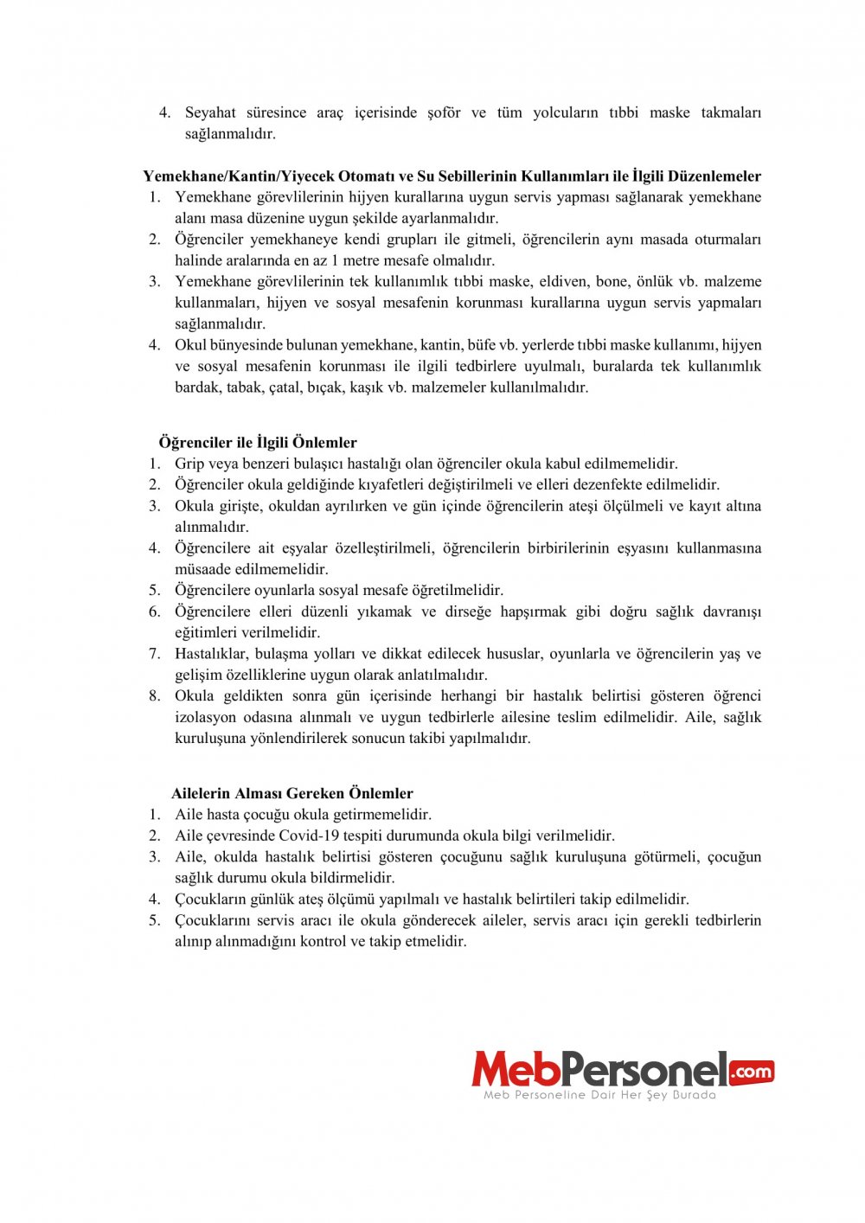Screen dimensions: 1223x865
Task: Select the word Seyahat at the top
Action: click(x=210, y=112)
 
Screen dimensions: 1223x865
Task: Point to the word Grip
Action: click(x=189, y=464)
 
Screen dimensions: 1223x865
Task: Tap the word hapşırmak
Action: click(x=538, y=611)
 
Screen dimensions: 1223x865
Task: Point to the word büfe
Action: click(x=484, y=344)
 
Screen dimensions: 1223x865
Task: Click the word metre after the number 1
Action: click(x=362, y=260)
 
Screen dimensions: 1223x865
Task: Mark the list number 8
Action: click(x=155, y=695)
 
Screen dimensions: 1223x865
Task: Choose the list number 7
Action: click(x=155, y=653)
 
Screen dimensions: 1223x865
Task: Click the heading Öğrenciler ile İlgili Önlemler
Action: click(x=258, y=442)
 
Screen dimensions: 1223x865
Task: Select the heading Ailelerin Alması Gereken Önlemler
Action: click(x=292, y=793)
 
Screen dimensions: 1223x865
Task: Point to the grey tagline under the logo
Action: click(x=599, y=1095)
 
